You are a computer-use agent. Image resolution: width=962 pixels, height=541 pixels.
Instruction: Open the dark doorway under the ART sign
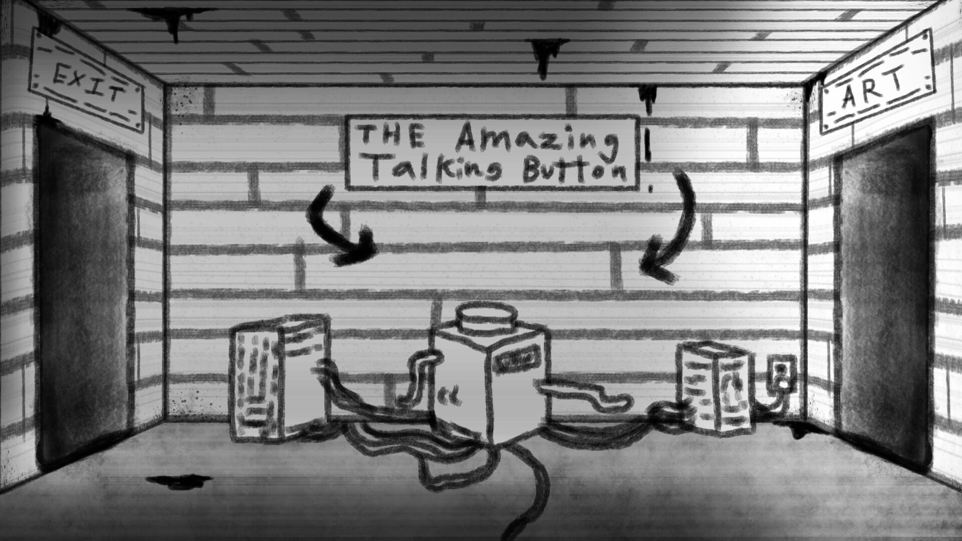[884, 298]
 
